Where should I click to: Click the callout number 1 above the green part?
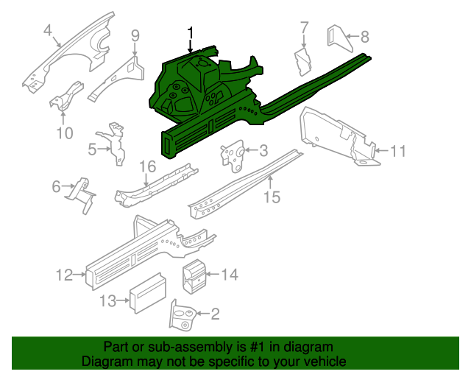(191, 32)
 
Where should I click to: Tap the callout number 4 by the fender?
(48, 30)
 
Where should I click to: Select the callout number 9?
(135, 35)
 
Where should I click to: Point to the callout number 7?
(304, 29)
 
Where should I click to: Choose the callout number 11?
(397, 152)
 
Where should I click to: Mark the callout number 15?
(272, 197)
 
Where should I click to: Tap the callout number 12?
(65, 275)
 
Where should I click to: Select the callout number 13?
(108, 300)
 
